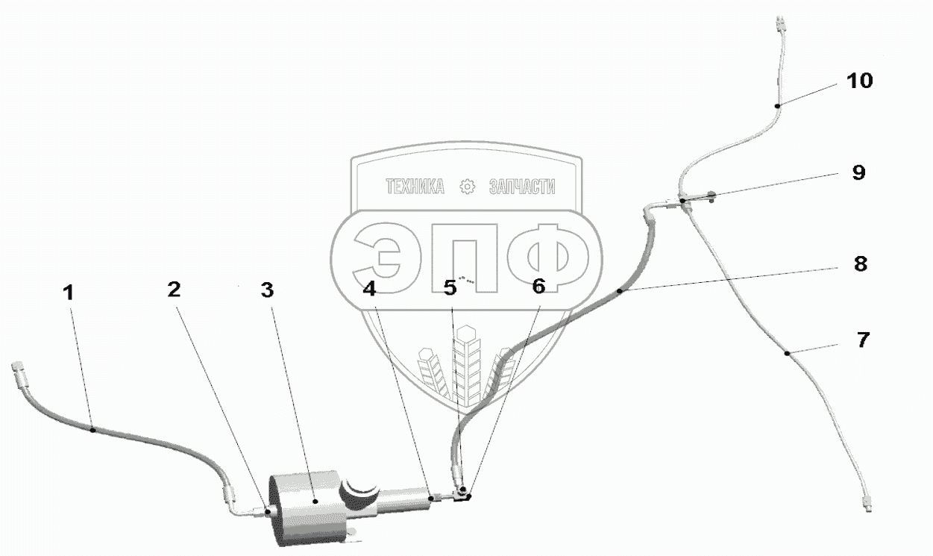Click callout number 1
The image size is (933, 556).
69,293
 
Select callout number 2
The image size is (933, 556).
174,290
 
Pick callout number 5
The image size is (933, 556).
450,289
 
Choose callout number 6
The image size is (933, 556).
538,286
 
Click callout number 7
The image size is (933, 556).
862,340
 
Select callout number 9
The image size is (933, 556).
858,173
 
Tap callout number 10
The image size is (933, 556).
859,81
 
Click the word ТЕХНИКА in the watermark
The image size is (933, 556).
415,187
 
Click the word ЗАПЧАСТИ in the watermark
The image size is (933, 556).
521,187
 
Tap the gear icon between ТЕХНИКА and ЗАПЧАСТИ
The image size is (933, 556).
468,187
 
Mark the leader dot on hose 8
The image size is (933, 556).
620,292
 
